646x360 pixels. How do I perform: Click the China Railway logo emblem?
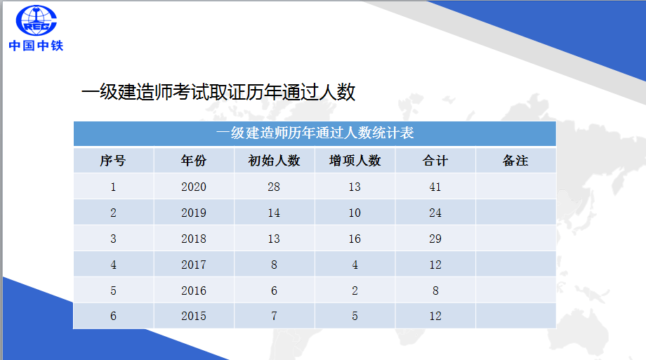tap(34, 22)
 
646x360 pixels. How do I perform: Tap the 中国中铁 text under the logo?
tap(36, 46)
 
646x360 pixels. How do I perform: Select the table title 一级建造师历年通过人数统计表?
tap(315, 133)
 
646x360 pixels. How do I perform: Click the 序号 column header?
tap(113, 161)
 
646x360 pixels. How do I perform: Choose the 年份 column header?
tap(194, 161)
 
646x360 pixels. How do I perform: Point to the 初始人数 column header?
tap(274, 161)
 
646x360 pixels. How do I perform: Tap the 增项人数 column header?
tap(355, 161)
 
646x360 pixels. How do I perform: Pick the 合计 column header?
tap(435, 161)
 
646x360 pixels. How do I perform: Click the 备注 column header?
tap(515, 161)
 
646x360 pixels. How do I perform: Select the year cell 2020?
tap(194, 187)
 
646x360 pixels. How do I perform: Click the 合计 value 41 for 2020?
tap(435, 187)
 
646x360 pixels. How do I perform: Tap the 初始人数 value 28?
tap(274, 187)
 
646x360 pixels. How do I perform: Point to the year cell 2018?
tap(194, 239)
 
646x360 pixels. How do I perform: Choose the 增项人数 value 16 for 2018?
tap(355, 239)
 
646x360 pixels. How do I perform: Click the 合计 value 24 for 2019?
tap(435, 213)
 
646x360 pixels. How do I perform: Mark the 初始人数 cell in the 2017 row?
tap(274, 265)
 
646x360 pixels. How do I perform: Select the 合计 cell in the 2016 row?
tap(435, 291)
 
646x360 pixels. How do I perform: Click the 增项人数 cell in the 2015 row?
tap(355, 316)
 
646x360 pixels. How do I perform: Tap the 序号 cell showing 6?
tap(113, 316)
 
